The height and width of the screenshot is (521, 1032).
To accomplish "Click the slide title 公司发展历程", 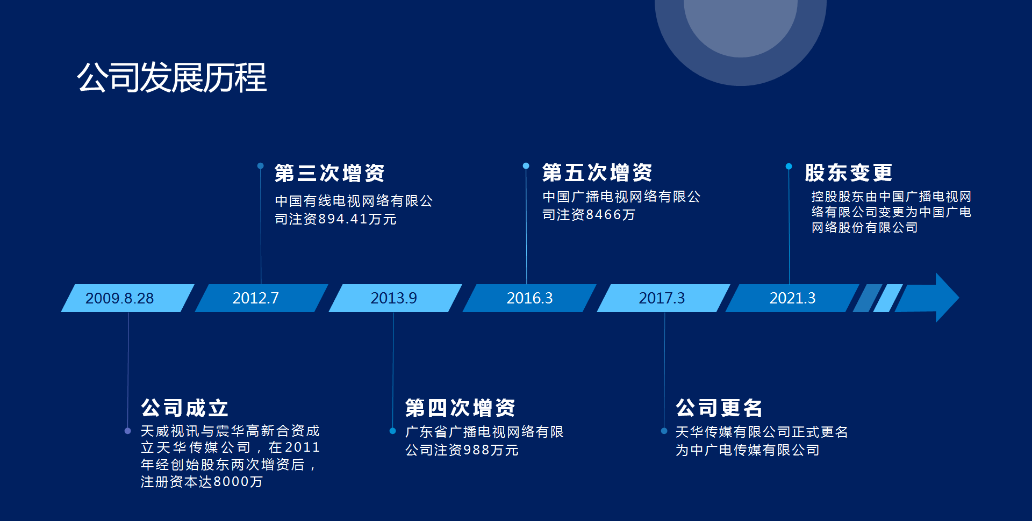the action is [x=172, y=77].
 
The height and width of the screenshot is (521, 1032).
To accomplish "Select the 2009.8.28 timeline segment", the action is [x=127, y=298].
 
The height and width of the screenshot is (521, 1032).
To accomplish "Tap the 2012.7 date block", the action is [x=261, y=298].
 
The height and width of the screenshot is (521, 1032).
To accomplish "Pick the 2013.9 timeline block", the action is [x=395, y=298].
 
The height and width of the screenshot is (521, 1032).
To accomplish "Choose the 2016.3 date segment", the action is [x=529, y=298].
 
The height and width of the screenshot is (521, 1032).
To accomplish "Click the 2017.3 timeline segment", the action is [x=663, y=298].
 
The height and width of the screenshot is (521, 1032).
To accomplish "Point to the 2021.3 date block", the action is [x=792, y=298].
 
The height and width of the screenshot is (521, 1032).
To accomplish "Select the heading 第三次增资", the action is [x=329, y=173].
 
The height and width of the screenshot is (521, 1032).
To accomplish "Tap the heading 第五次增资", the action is [x=597, y=173].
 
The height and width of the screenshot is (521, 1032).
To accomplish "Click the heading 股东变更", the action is [x=849, y=173].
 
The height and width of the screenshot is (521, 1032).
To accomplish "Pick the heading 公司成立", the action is [x=185, y=408].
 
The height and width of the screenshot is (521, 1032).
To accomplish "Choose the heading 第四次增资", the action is [x=460, y=408].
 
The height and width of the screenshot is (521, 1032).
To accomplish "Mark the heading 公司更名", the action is [x=719, y=408].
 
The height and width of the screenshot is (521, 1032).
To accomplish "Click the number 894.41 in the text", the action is [x=343, y=219].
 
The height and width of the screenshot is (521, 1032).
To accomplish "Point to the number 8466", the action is [x=604, y=215].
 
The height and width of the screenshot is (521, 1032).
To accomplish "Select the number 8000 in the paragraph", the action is [x=231, y=482].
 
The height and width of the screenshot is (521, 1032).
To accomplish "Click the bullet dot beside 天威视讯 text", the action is [x=127, y=431].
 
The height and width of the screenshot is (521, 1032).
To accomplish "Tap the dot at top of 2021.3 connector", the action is [x=789, y=167].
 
